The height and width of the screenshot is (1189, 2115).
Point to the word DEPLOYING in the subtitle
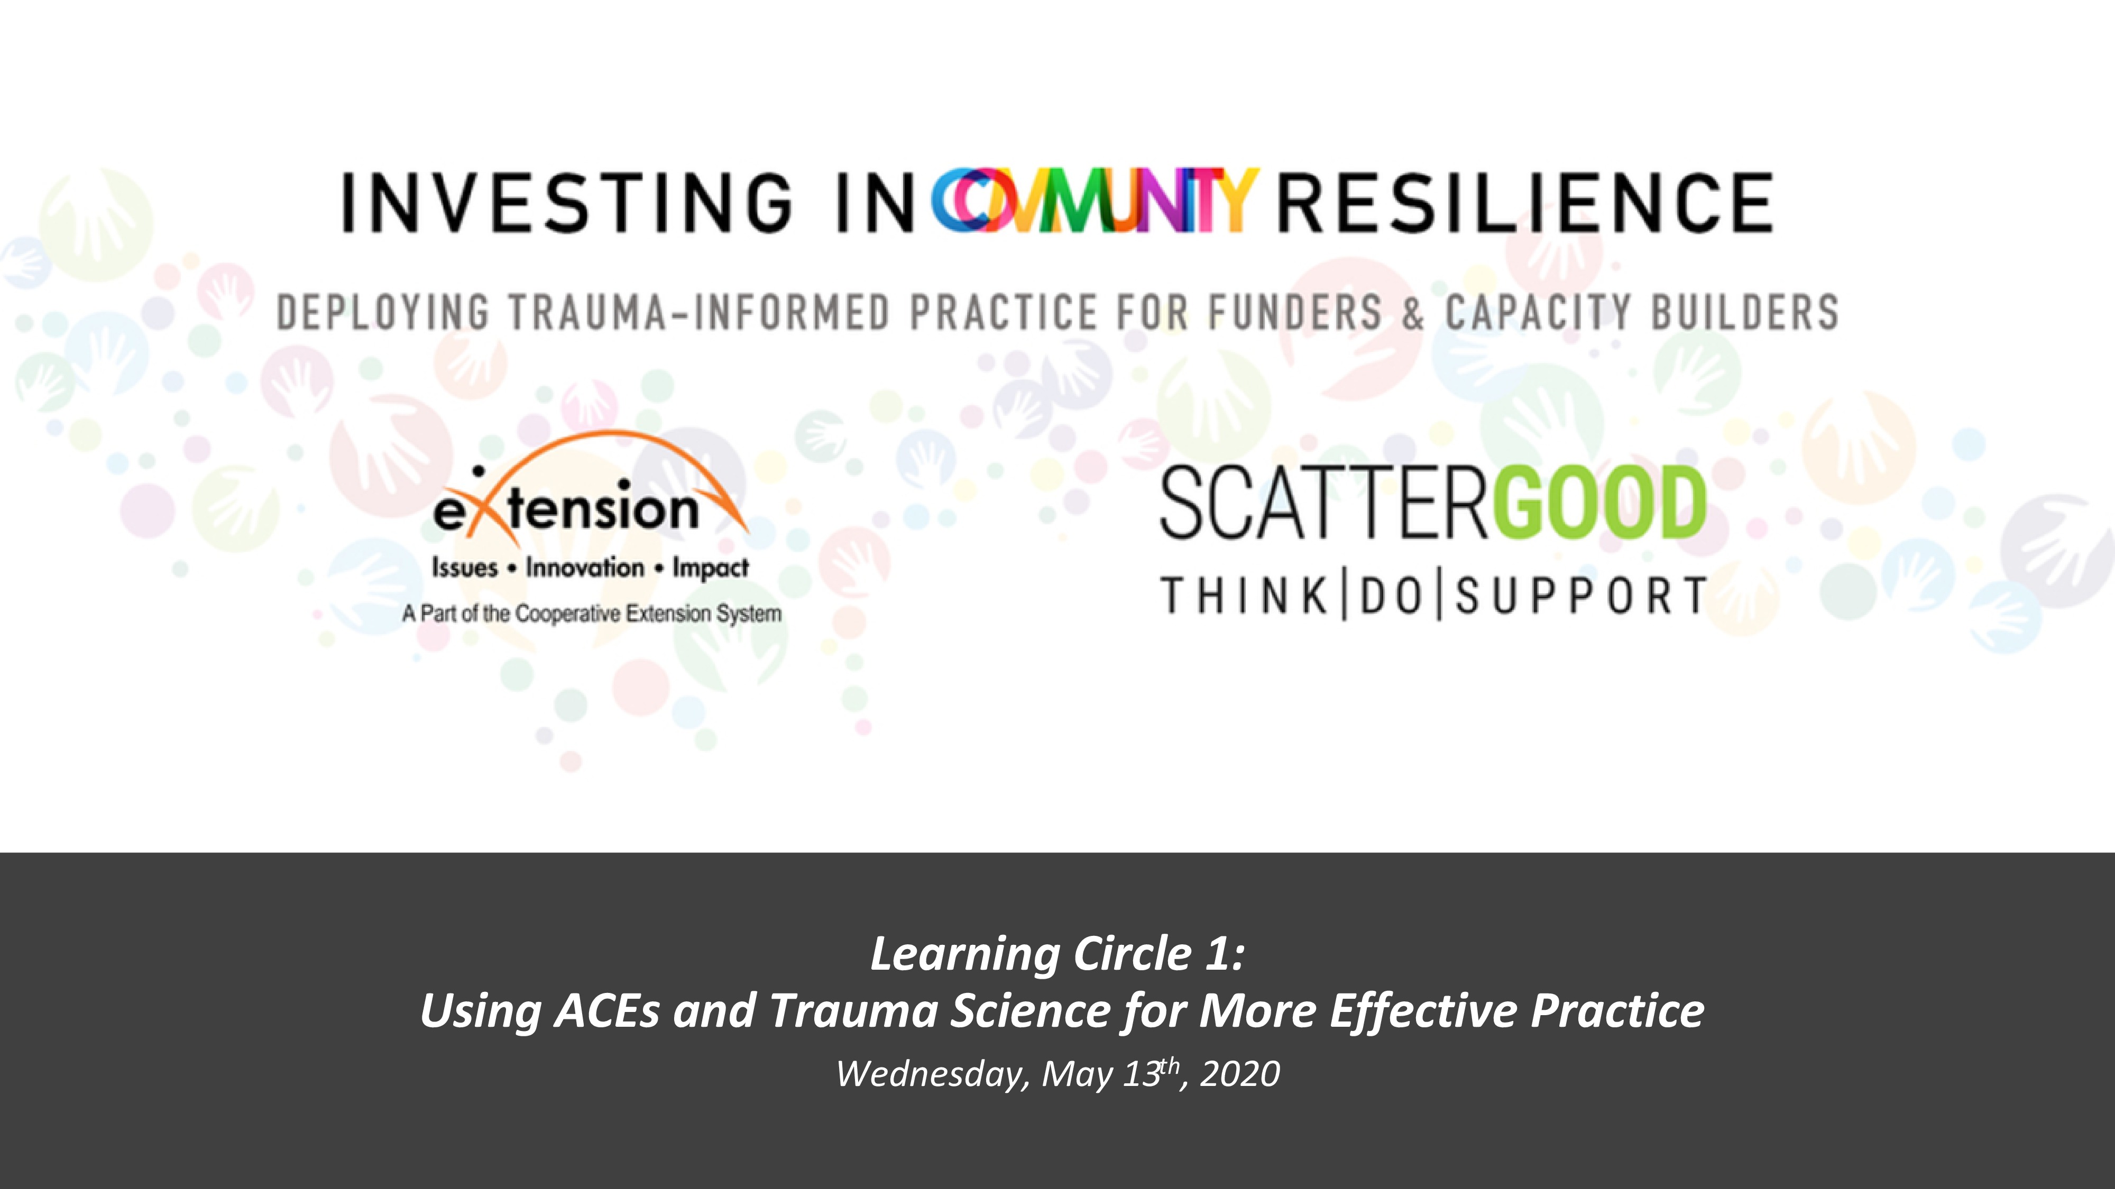pos(383,313)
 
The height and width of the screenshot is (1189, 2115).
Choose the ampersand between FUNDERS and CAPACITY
pos(1413,313)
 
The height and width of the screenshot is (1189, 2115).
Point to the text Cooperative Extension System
pos(649,613)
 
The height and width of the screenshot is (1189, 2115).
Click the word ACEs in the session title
pos(608,1010)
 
